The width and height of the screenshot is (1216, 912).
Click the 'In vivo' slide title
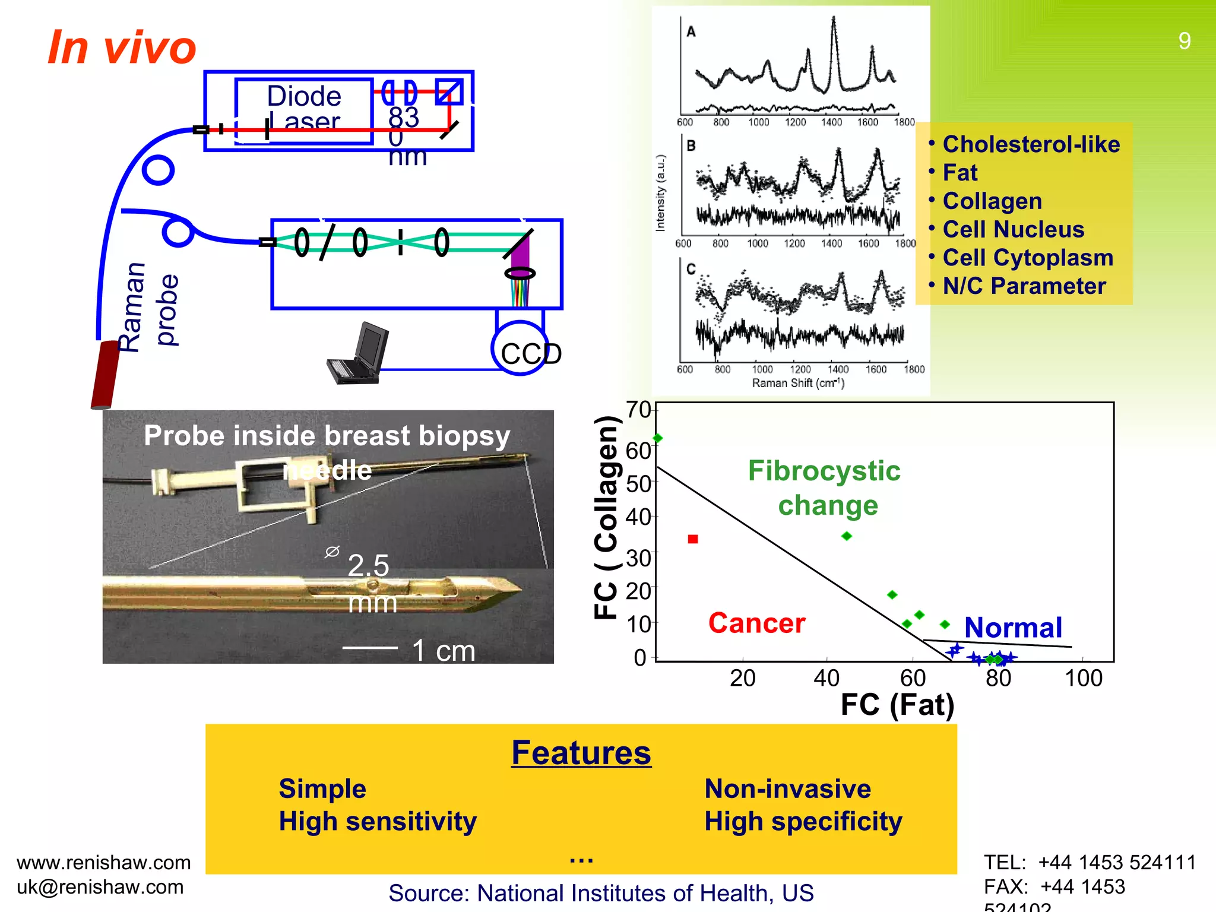point(122,47)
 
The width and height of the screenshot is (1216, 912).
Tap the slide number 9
point(1184,41)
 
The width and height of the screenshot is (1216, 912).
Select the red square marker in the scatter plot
point(692,539)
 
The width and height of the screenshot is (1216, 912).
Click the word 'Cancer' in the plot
point(756,623)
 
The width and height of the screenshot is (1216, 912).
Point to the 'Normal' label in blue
point(1013,628)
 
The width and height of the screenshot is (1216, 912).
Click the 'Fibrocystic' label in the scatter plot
point(824,471)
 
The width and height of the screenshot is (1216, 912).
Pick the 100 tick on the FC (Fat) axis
point(1083,678)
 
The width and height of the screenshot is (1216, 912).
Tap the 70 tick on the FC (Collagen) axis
point(638,410)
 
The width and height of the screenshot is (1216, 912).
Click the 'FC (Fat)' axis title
point(897,705)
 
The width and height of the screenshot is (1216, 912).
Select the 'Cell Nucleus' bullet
point(1013,229)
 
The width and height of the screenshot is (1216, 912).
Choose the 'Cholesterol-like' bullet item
point(1031,144)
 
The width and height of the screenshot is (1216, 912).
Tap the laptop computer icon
point(358,354)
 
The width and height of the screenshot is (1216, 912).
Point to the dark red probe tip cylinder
point(106,375)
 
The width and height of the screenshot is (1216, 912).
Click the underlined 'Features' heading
point(581,753)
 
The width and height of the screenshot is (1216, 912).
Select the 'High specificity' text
point(803,822)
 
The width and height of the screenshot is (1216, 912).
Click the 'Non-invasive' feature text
point(787,789)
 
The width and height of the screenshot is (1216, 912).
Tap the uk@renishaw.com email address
point(100,887)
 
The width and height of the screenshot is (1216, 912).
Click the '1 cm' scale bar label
point(443,651)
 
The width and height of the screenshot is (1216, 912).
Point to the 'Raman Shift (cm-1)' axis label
point(798,383)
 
